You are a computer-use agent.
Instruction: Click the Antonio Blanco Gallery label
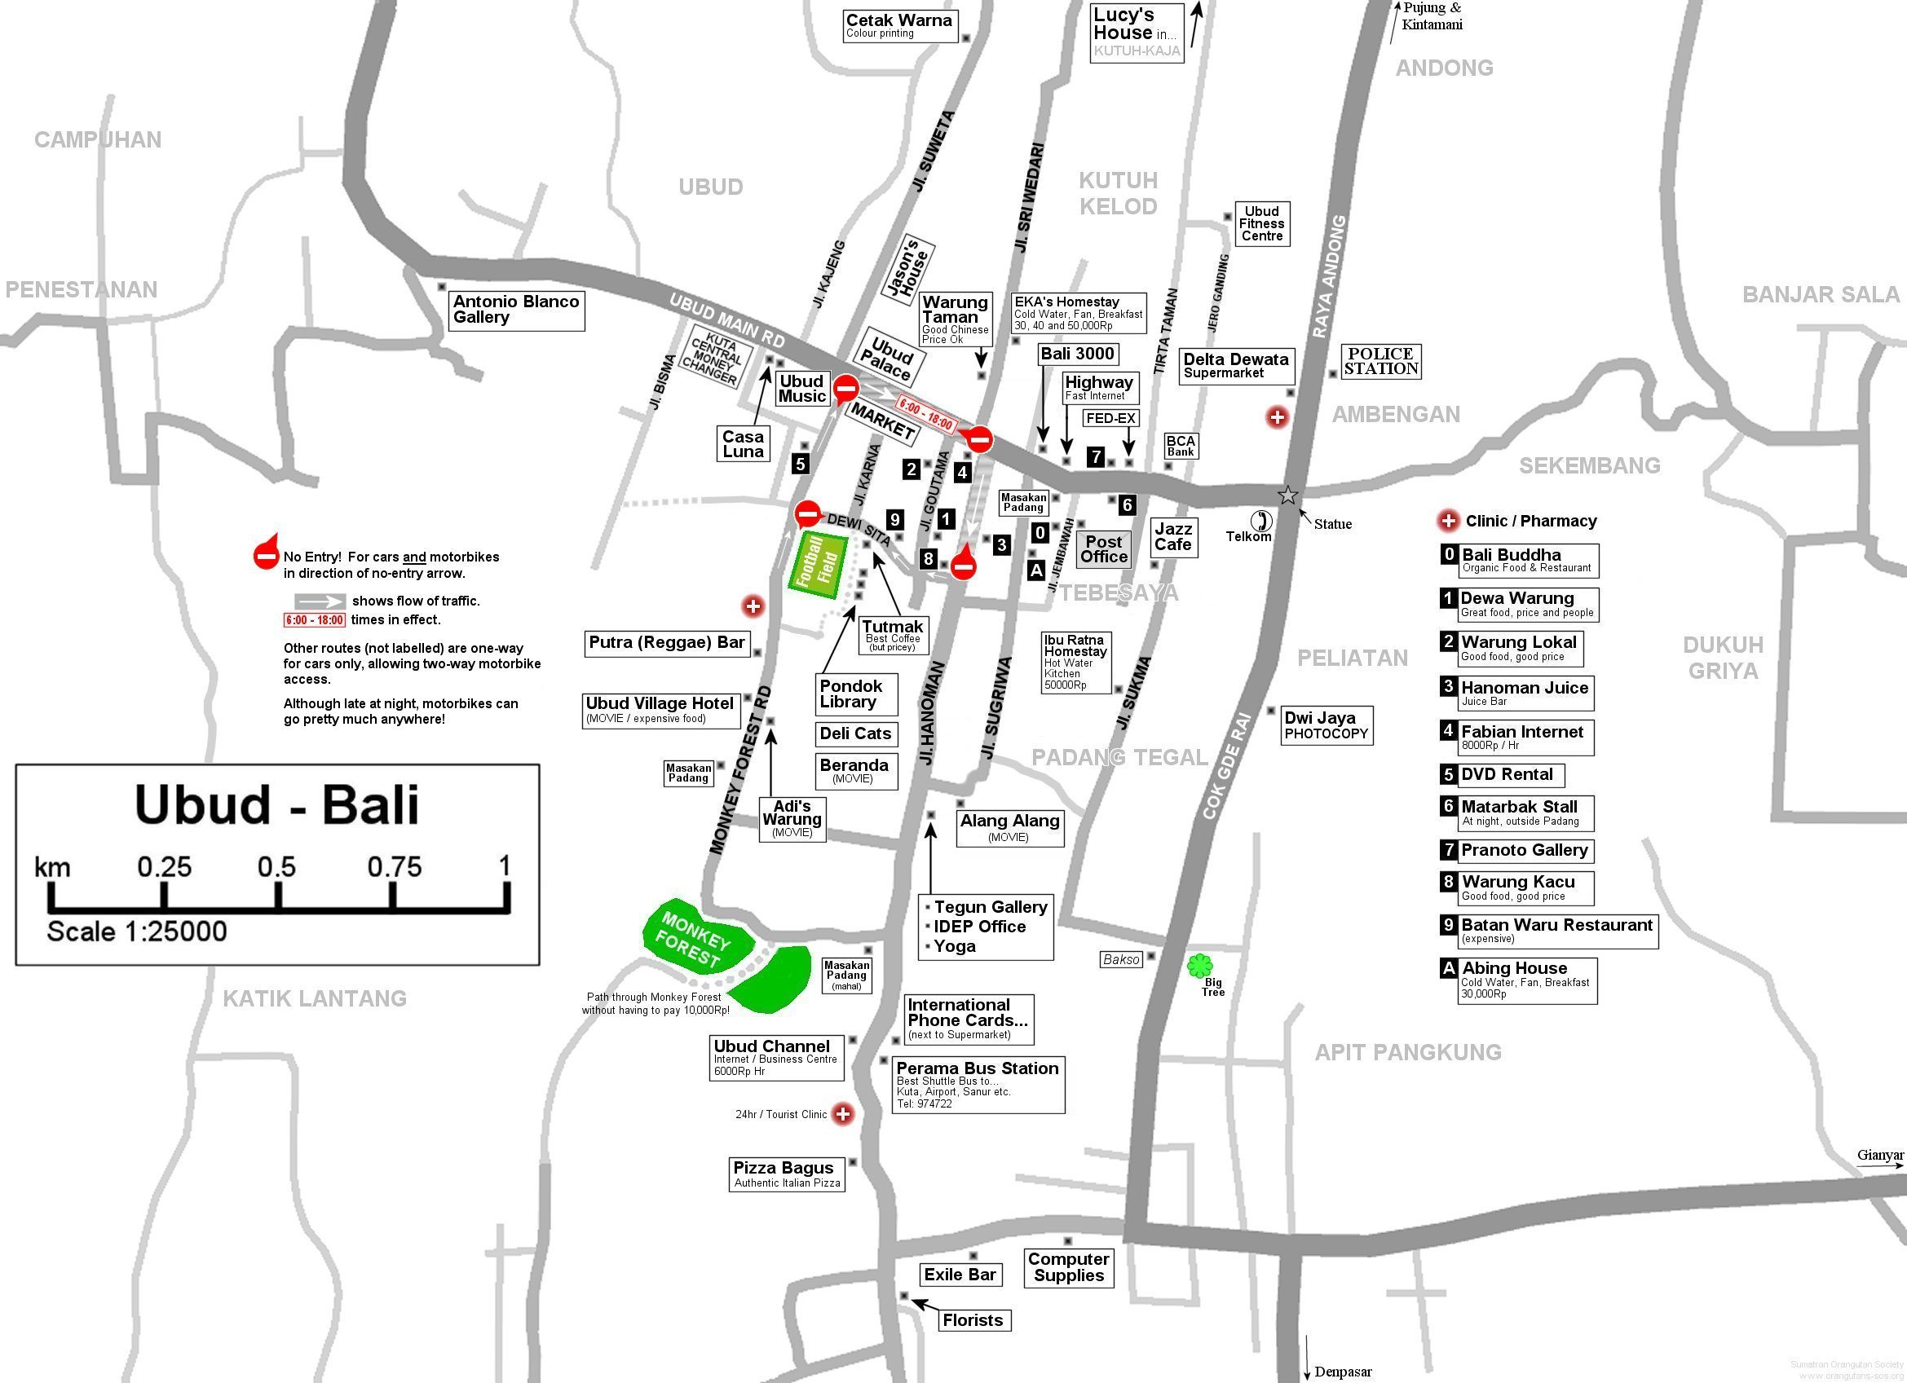pos(516,310)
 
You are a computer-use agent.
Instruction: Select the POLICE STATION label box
pos(1380,362)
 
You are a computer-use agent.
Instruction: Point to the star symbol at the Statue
pos(1287,496)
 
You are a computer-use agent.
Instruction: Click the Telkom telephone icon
pos(1261,521)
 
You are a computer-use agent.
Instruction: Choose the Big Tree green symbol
pos(1200,966)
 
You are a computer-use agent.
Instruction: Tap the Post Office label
pos(1104,549)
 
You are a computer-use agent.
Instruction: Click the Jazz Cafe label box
pos(1173,536)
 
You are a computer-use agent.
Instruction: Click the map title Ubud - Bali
pos(276,804)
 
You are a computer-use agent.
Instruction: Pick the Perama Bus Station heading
pos(977,1068)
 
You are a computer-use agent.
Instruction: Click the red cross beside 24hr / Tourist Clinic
pos(841,1114)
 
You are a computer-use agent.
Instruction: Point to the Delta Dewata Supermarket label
pos(1236,365)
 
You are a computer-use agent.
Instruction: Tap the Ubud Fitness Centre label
pos(1261,223)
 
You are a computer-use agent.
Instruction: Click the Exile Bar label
pos(960,1275)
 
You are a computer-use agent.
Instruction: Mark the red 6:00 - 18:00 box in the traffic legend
pos(315,620)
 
